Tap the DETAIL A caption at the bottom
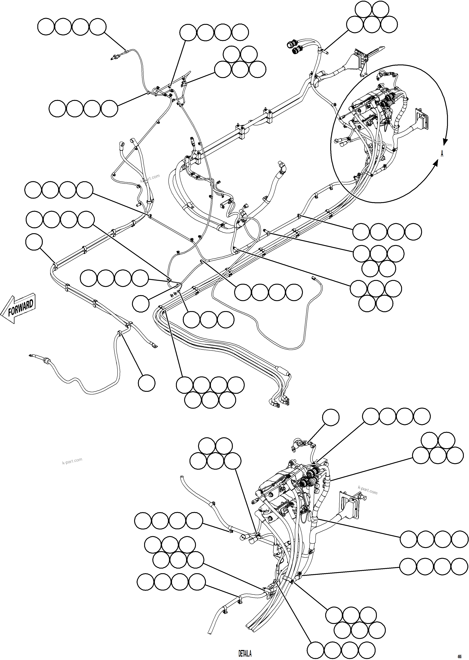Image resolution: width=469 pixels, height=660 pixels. click(245, 653)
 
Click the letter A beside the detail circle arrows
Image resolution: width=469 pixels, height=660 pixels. click(442, 154)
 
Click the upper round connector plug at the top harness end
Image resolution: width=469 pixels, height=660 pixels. click(290, 44)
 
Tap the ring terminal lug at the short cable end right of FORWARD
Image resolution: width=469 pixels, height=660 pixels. click(154, 345)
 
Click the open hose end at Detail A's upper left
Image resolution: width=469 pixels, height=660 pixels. click(181, 477)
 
